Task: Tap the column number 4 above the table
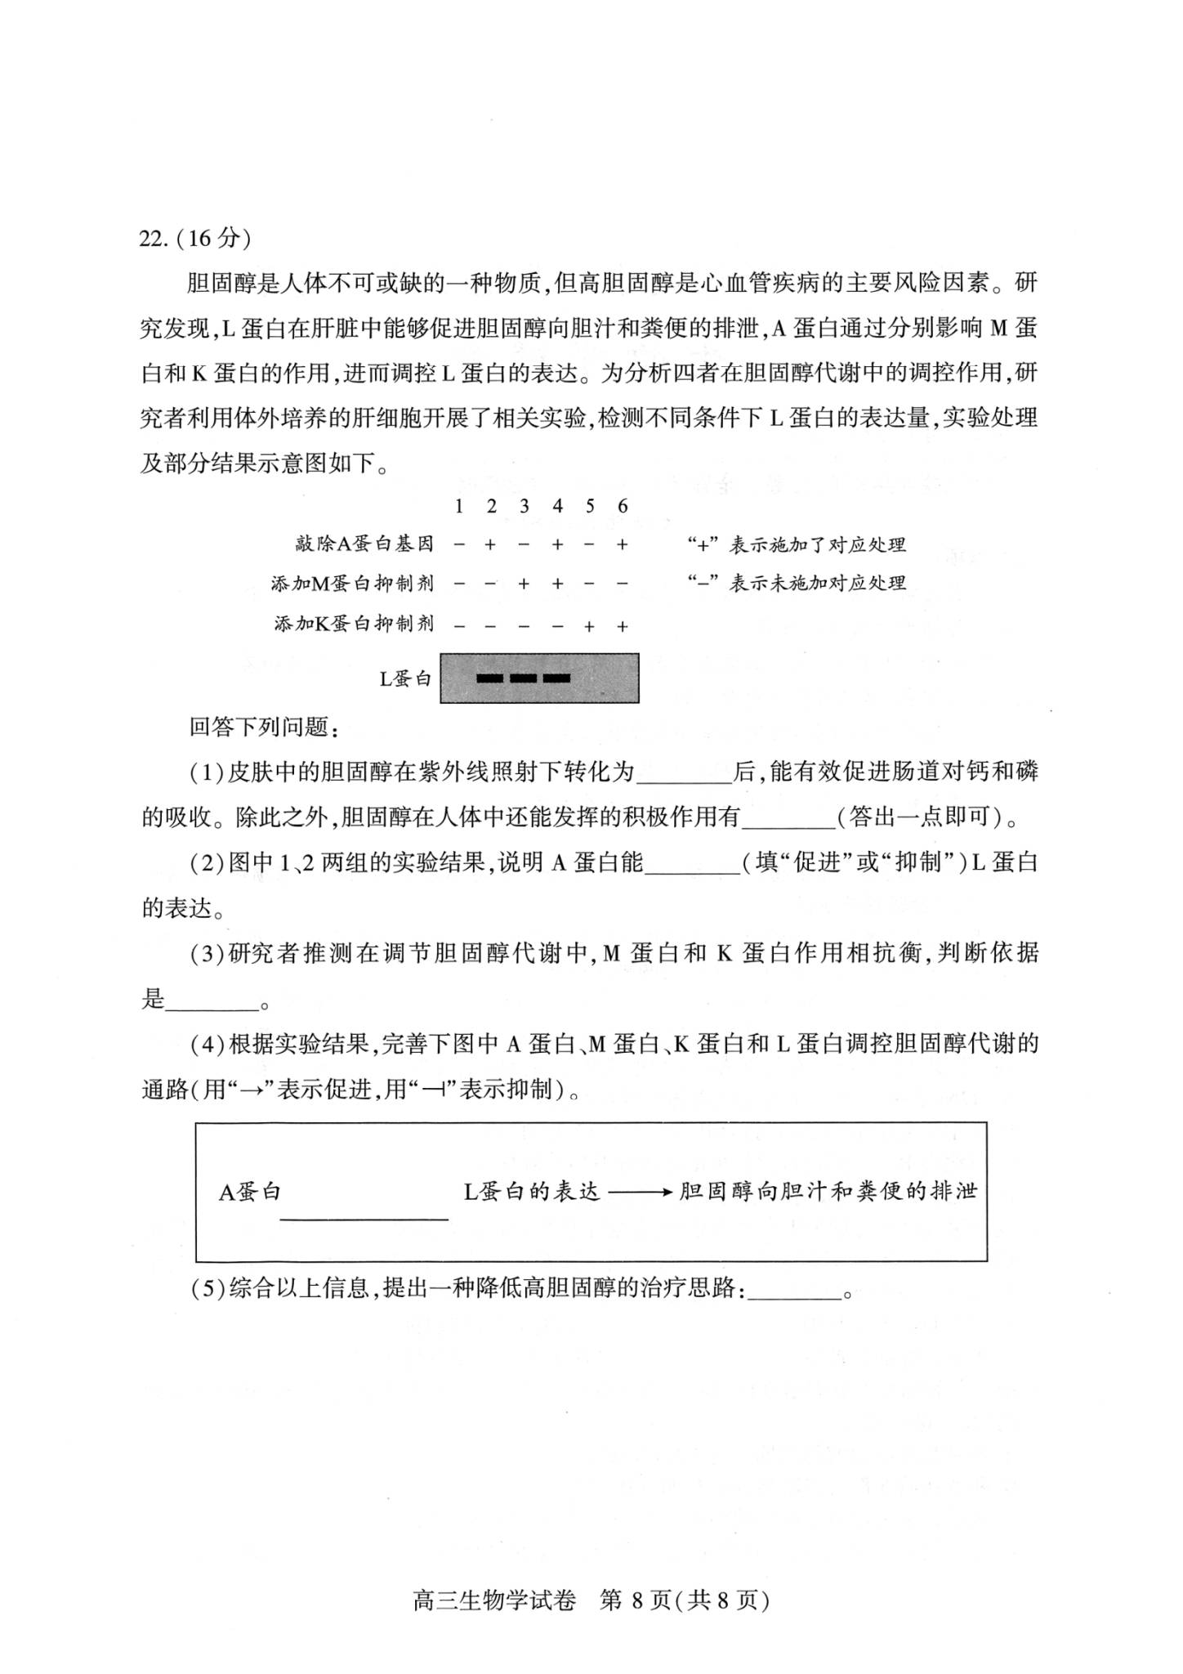(x=557, y=506)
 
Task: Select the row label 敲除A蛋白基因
(x=364, y=544)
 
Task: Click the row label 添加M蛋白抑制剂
(x=352, y=584)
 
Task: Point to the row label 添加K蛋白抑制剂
(x=354, y=624)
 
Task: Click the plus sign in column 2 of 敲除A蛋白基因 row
(x=490, y=544)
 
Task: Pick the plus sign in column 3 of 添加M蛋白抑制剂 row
(x=524, y=584)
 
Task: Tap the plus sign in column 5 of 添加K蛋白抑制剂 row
(x=589, y=627)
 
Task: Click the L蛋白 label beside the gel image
(x=405, y=678)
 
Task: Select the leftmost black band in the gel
(x=489, y=678)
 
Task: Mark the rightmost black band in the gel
(x=556, y=678)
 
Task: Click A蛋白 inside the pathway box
(x=249, y=1192)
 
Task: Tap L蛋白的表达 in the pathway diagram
(x=532, y=1192)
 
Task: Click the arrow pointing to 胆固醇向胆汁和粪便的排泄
(x=640, y=1193)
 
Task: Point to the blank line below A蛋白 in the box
(x=364, y=1219)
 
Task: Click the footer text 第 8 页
(x=636, y=1600)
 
